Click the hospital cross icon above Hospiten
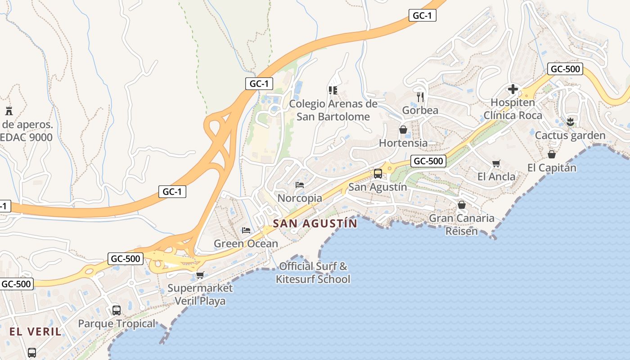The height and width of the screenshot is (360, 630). pyautogui.click(x=513, y=89)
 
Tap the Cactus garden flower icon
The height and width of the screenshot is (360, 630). pyautogui.click(x=571, y=121)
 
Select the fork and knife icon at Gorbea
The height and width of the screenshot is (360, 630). pyautogui.click(x=420, y=96)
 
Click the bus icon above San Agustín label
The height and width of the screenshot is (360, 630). pyautogui.click(x=378, y=173)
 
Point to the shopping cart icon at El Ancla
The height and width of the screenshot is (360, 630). pyautogui.click(x=496, y=163)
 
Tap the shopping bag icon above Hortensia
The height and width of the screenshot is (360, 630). pyautogui.click(x=403, y=130)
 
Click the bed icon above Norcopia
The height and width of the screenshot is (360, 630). pyautogui.click(x=300, y=184)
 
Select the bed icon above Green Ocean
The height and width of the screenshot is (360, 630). pyautogui.click(x=246, y=230)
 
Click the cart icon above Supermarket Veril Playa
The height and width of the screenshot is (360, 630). pyautogui.click(x=200, y=274)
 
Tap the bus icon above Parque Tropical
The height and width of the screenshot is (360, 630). pyautogui.click(x=117, y=310)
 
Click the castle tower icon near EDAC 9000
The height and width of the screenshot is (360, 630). pyautogui.click(x=9, y=110)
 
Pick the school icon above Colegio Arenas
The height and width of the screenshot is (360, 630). pyautogui.click(x=333, y=90)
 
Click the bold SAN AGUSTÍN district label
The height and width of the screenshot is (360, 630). pyautogui.click(x=315, y=223)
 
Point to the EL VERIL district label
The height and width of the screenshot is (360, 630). pyautogui.click(x=36, y=332)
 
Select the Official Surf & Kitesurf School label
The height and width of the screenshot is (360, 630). pyautogui.click(x=313, y=273)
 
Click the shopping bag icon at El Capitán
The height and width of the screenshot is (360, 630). pyautogui.click(x=552, y=154)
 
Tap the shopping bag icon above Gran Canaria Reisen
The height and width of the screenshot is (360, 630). pyautogui.click(x=461, y=205)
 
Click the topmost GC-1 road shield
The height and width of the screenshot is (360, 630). pyautogui.click(x=423, y=15)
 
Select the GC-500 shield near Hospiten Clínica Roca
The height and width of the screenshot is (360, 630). pyautogui.click(x=565, y=69)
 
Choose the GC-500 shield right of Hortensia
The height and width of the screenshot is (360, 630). pyautogui.click(x=428, y=161)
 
